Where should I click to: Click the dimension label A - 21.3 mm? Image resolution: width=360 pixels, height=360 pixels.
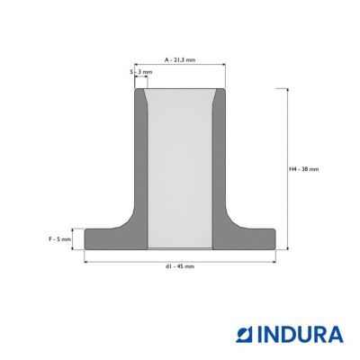coord(180,60)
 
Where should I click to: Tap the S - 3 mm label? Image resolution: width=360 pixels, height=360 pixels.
coord(141,72)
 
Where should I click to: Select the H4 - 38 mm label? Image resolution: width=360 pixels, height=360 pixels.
coord(304,169)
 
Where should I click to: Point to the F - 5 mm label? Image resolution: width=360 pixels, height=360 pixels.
coord(60,239)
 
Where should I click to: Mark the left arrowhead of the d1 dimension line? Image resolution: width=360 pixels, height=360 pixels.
coord(85,262)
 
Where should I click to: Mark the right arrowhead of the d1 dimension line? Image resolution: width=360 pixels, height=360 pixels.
coord(274,262)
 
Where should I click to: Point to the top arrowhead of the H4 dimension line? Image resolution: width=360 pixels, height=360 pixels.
coord(288,90)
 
